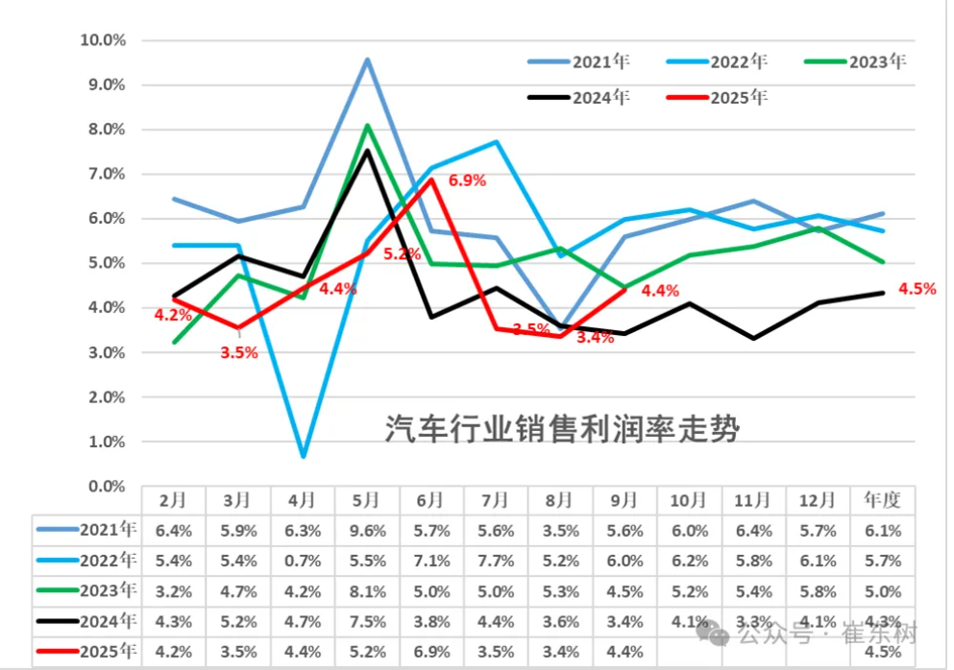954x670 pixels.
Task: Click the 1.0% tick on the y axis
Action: (106, 443)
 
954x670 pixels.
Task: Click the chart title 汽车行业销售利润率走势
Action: (562, 429)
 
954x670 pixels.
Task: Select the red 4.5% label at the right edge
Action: (917, 288)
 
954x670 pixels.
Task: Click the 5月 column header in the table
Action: (367, 500)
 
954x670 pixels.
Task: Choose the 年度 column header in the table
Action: (883, 500)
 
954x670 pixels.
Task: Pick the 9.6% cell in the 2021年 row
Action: (367, 530)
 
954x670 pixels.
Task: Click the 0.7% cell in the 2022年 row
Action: (303, 561)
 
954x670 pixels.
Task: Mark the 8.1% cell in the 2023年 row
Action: (367, 590)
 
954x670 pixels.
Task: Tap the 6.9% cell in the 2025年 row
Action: (431, 652)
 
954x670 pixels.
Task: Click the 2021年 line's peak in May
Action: (367, 60)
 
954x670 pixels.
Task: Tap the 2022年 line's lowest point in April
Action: (303, 455)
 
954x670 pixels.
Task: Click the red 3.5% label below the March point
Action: (238, 352)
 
